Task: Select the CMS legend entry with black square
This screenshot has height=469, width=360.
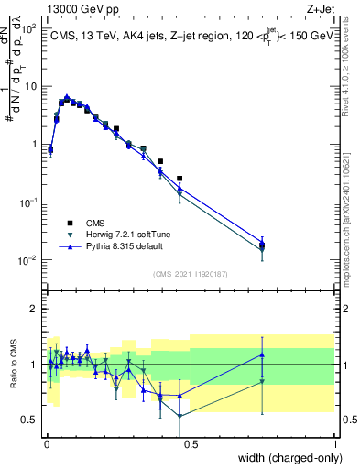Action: (95, 222)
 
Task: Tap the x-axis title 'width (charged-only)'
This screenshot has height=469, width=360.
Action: (283, 457)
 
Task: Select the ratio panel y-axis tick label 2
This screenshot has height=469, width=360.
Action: (34, 309)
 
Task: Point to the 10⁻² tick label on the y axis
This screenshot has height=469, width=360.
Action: (28, 260)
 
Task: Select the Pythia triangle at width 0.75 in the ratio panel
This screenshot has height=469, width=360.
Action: (262, 354)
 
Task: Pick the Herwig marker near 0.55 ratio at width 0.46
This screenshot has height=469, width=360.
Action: (180, 415)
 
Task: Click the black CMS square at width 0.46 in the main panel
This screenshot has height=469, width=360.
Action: (180, 179)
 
